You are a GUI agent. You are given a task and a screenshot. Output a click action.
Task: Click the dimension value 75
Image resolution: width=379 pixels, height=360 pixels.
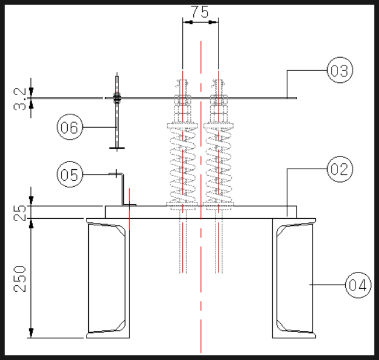[x=200, y=12]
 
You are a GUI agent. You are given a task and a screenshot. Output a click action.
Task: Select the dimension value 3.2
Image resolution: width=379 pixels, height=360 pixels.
[x=20, y=99]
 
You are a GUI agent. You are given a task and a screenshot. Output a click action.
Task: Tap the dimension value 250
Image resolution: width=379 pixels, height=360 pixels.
[x=20, y=279]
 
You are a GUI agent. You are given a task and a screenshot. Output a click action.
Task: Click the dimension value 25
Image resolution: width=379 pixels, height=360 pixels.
[x=20, y=213]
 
